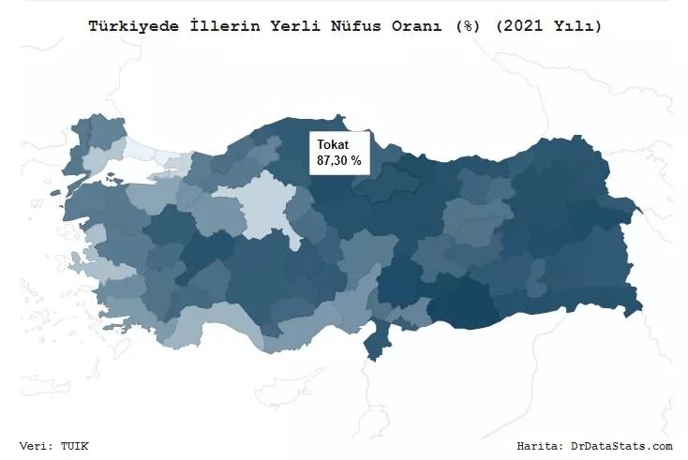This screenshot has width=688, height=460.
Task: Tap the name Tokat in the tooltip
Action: click(x=332, y=144)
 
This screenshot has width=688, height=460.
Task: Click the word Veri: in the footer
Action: click(x=38, y=446)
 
